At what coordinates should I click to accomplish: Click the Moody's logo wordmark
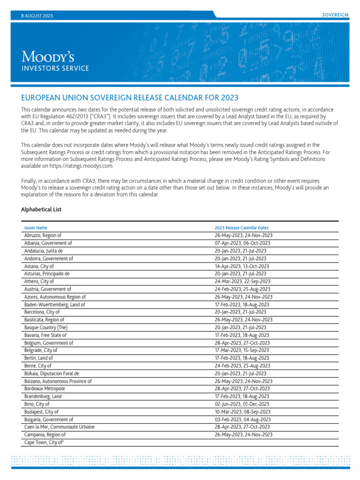pos(48,57)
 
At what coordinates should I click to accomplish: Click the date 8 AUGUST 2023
pos(37,15)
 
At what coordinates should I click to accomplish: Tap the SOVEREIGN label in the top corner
pos(335,15)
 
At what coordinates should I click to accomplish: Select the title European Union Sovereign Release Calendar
pos(130,97)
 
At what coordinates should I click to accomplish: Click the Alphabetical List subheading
pos(41,210)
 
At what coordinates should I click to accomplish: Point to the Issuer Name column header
pos(36,228)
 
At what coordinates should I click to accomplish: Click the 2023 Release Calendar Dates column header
pos(241,228)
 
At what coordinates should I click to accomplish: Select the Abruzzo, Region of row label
pos(43,235)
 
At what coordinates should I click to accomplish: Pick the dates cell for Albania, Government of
pos(242,243)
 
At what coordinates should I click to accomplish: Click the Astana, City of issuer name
pos(39,266)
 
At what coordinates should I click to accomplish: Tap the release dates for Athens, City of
pos(242,281)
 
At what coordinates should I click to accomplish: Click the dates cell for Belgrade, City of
pos(242,350)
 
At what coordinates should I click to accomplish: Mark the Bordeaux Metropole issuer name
pos(45,389)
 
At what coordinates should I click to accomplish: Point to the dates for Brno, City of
pos(242,404)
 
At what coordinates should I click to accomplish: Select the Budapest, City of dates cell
pos(242,412)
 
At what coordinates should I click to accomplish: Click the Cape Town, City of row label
pos(43,442)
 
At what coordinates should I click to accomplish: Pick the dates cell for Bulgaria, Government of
pos(242,419)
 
